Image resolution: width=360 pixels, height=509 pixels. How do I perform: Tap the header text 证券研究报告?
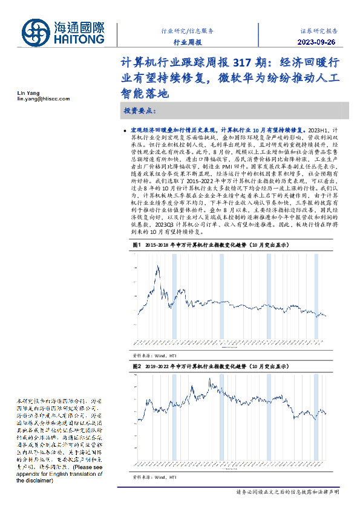(x=319, y=30)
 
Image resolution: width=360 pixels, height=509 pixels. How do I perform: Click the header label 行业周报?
(x=188, y=42)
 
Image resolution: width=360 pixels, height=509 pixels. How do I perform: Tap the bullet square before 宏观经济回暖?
(x=125, y=131)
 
